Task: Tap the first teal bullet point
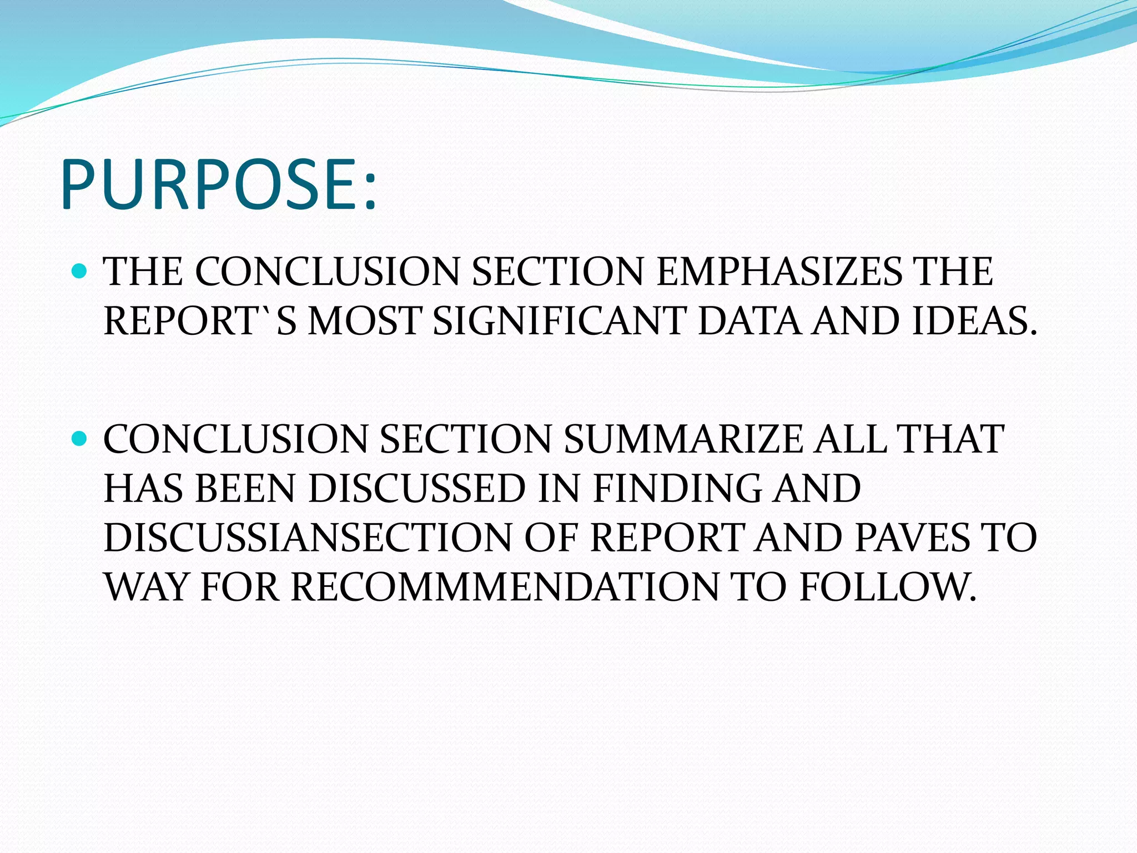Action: point(81,272)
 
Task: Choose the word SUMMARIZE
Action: point(683,439)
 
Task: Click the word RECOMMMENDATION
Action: point(505,587)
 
